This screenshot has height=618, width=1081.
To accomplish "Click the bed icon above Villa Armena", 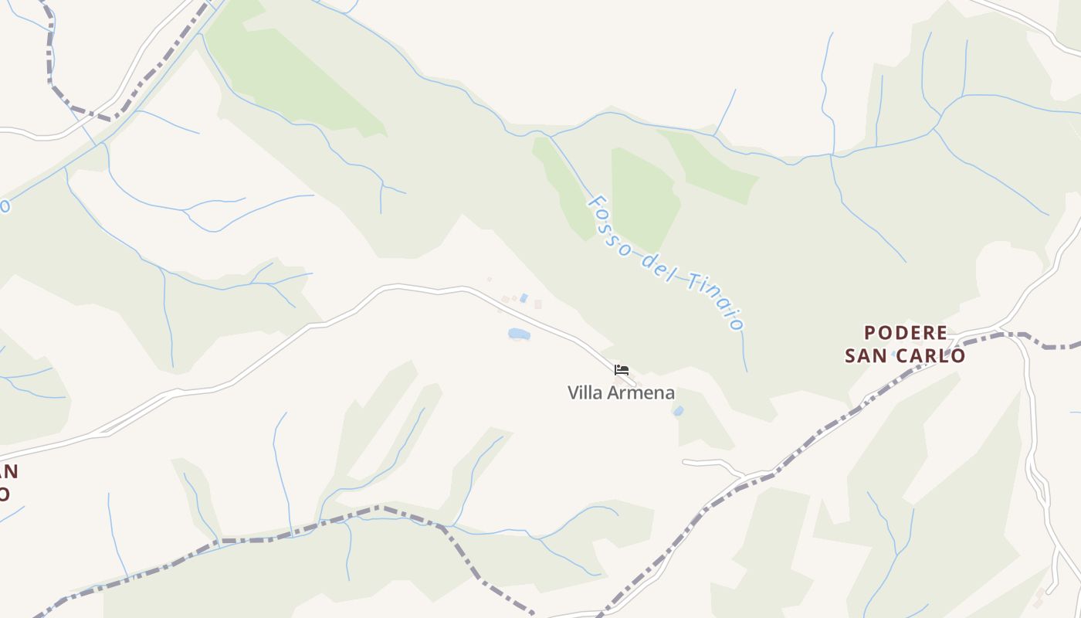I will pos(622,370).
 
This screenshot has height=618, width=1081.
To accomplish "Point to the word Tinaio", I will pos(714,301).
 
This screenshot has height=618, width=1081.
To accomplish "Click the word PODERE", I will pos(906,333).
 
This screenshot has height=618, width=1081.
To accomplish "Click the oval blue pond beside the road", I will pos(519,334).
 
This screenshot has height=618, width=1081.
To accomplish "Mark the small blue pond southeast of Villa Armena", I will pos(678,412).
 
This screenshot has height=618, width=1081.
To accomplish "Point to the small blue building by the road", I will pos(524,298).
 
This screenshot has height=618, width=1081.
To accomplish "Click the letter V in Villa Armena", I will pos(573,393).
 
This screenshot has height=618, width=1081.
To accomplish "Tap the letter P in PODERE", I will pos(870,333).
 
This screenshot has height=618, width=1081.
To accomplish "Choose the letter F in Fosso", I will pos(595,203).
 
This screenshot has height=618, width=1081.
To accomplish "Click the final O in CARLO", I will pos(958,355).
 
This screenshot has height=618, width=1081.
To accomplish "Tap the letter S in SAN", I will pos(850,355).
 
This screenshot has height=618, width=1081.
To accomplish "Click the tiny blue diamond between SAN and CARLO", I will pos(894,354).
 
